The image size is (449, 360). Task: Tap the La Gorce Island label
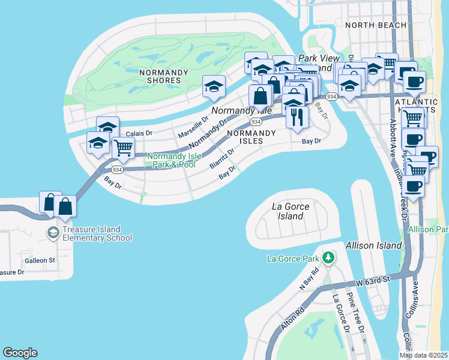point(291,211)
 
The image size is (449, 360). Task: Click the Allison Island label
point(373,245)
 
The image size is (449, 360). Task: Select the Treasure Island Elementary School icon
point(53,232)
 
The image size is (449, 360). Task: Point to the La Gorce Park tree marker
point(328,258)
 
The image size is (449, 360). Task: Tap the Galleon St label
point(40,260)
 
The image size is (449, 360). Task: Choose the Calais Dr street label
point(139,133)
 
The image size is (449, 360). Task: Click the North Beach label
point(368,25)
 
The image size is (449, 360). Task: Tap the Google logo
point(20,353)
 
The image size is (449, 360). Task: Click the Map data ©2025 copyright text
point(423,355)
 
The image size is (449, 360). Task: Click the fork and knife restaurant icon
point(296,117)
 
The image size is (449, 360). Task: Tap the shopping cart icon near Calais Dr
point(123,147)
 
